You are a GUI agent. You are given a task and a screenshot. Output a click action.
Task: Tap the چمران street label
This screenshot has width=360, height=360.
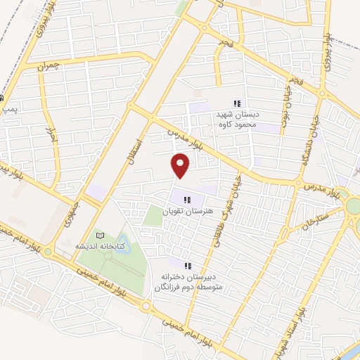51,66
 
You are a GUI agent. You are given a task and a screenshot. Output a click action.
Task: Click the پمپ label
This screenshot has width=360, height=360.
8,109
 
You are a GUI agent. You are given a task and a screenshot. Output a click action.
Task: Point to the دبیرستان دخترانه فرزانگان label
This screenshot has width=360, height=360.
188,281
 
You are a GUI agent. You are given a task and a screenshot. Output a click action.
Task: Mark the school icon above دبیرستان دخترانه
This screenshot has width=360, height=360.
188,266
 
